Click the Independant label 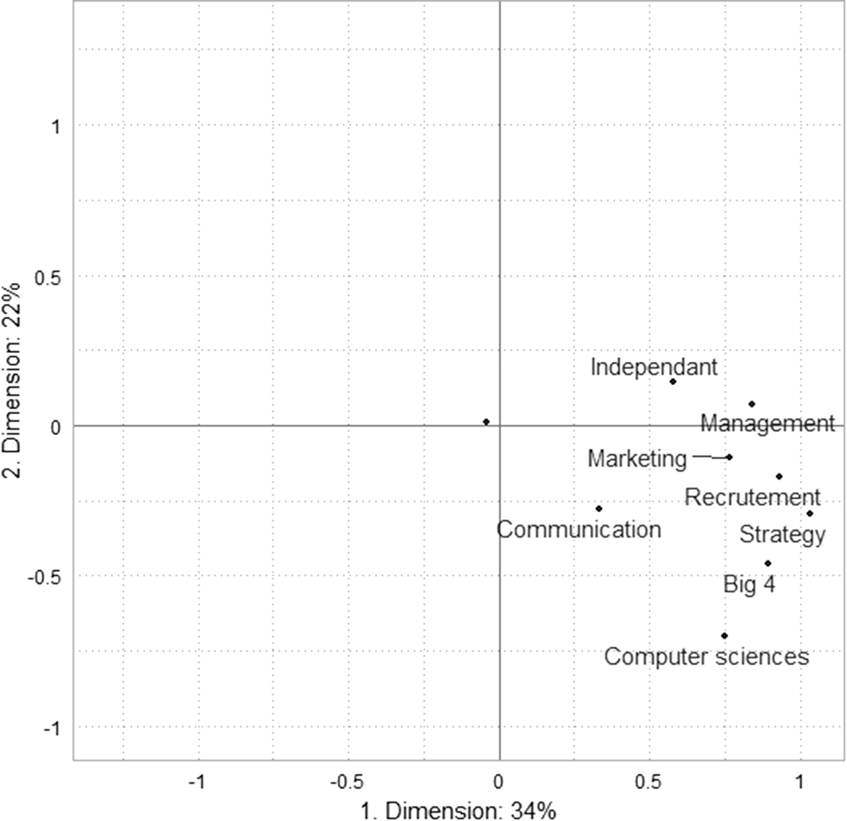click(653, 367)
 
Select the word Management click(767, 423)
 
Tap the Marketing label click(637, 458)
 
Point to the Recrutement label click(752, 497)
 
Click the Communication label click(579, 529)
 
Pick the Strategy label click(782, 534)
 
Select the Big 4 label click(749, 584)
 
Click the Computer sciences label click(706, 657)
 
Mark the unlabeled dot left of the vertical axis click(486, 422)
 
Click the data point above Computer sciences click(724, 635)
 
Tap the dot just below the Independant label click(672, 381)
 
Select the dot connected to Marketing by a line click(729, 457)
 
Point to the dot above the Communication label click(599, 509)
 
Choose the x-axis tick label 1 click(799, 782)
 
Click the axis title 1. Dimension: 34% click(458, 810)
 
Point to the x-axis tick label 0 click(498, 782)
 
